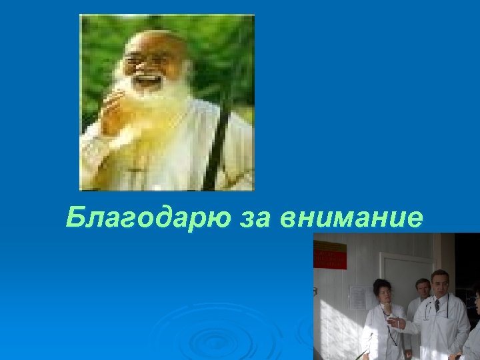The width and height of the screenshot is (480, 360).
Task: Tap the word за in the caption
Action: tap(253, 217)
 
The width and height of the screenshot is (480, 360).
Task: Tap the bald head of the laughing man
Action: tap(151, 41)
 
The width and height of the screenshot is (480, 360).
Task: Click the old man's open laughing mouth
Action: tap(148, 82)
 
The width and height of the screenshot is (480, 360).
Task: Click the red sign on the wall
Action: tap(330, 255)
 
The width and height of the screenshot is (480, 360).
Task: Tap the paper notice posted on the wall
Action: tap(358, 297)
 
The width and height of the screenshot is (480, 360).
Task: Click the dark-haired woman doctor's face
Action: tap(382, 292)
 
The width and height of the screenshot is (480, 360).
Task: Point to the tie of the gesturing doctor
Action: tap(437, 305)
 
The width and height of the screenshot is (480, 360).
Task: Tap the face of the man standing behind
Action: tap(422, 289)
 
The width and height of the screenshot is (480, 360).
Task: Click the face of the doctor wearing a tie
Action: tap(439, 283)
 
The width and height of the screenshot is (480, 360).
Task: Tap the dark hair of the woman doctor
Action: tap(382, 283)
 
